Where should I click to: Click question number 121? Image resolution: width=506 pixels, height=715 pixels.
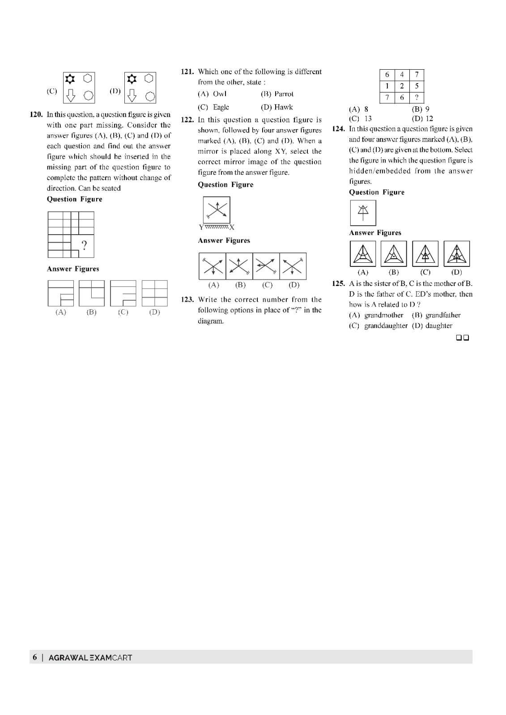tap(187, 71)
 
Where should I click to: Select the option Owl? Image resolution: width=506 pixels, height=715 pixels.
tap(220, 94)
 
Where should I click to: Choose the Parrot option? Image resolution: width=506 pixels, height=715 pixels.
tap(284, 94)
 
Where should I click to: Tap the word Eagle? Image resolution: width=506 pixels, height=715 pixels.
tap(221, 107)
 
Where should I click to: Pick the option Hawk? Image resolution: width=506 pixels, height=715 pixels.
tap(284, 107)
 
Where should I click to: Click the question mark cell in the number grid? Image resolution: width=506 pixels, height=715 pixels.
tap(417, 98)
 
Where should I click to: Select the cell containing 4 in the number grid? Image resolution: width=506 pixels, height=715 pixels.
tap(402, 75)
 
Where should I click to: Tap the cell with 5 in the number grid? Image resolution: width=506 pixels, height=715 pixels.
tap(417, 86)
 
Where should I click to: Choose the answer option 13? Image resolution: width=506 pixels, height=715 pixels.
tap(368, 119)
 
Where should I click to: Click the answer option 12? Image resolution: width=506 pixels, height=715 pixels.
tap(429, 119)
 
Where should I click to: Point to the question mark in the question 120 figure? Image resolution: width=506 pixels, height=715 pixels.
tap(84, 244)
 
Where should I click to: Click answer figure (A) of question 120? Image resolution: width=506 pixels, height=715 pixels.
tap(60, 293)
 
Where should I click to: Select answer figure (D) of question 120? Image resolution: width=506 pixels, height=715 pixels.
tap(154, 293)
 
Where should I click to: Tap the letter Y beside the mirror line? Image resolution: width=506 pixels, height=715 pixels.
tap(201, 227)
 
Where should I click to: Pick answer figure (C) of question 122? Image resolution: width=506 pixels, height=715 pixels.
tap(266, 266)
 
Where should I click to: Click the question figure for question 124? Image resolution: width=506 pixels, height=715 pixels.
tap(363, 213)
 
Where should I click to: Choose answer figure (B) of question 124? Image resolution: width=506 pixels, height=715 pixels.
tap(394, 254)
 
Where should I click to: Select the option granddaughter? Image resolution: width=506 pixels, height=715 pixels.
tap(385, 326)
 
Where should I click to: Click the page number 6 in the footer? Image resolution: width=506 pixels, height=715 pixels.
tap(35, 657)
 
